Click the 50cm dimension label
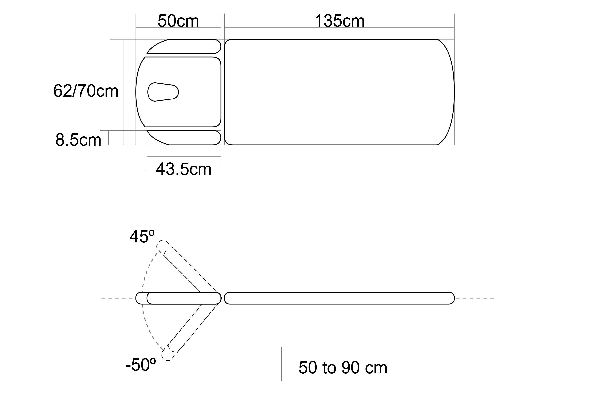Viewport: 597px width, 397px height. [178, 21]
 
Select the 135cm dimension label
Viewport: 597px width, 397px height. [339, 21]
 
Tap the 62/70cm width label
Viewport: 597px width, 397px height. [86, 91]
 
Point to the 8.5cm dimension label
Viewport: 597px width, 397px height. [78, 140]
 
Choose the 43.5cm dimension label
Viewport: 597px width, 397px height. [184, 169]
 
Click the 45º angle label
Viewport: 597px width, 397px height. [142, 237]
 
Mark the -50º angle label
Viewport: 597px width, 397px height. [141, 365]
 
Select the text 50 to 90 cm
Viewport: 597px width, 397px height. [343, 367]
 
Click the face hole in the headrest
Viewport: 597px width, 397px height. [163, 92]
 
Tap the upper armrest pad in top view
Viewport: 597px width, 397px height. [184, 46]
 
